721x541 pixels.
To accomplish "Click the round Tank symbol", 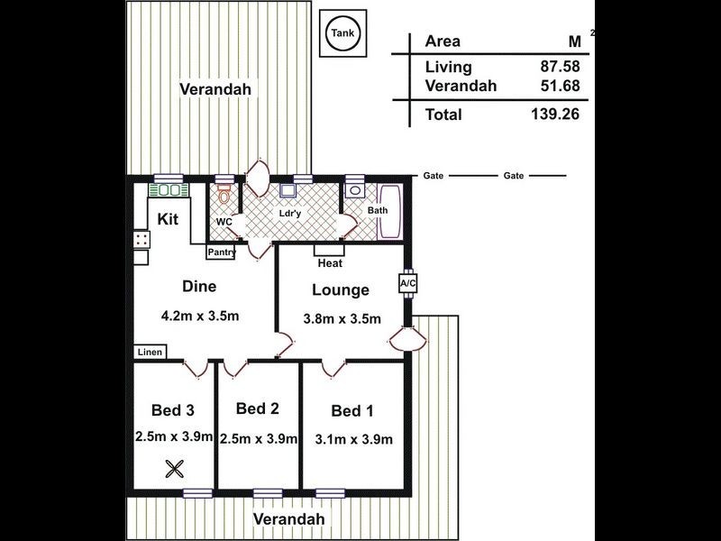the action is point(343,33).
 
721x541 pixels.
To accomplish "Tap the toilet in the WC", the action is point(224,194).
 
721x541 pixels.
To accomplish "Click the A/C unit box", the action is point(407,283).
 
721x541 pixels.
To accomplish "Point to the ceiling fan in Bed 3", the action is point(174,469).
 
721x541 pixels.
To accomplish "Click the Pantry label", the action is point(222,252).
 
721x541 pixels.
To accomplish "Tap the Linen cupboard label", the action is point(150,352).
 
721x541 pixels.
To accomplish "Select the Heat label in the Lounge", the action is point(330,263).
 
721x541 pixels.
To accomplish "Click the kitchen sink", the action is point(169,190).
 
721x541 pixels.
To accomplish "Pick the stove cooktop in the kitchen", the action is point(141,240).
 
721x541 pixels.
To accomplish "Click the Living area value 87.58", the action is point(560,66).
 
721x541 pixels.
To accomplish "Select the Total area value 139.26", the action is point(555,114).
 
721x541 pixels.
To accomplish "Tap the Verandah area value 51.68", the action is point(560,86).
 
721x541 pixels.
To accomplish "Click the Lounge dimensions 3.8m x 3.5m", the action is point(342,319).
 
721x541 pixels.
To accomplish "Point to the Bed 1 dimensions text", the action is point(353,439).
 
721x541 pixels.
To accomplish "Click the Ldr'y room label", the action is point(290,214).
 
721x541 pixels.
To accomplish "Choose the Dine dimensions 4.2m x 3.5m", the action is point(200,316).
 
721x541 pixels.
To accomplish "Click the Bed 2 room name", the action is point(258,408).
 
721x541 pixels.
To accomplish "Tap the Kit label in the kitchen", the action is point(168,219).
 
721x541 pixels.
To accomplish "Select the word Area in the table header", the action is point(443,41).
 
